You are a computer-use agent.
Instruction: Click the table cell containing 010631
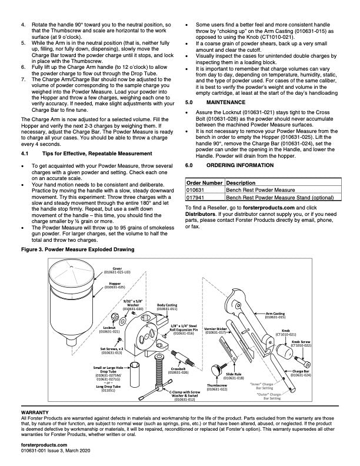195,191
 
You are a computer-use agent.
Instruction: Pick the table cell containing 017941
195,198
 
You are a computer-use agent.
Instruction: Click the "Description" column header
232,183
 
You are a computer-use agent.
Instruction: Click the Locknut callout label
109,329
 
